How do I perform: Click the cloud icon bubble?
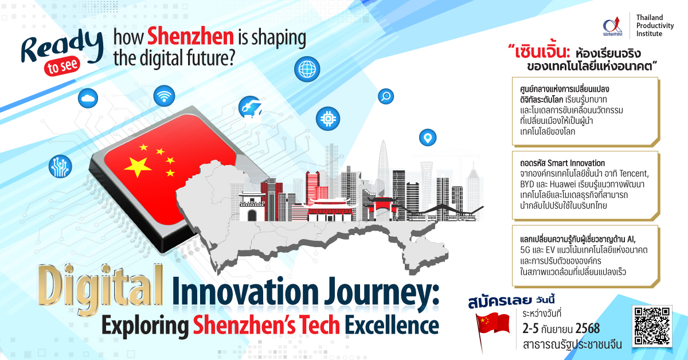point(88,98)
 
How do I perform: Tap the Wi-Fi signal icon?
point(164,96)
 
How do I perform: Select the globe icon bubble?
point(307,69)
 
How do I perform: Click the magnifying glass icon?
point(386,96)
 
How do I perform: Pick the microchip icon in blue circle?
point(328,119)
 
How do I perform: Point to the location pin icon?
point(428,138)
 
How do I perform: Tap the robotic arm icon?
point(251,108)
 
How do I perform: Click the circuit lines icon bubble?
point(60,166)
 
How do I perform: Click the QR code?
point(652,326)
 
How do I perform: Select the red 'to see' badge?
point(62,66)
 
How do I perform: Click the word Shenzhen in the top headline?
point(190,37)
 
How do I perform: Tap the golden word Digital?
point(100,285)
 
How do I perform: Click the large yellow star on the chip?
point(138,167)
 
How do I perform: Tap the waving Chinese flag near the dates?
point(492,328)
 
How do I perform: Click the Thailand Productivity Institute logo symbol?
point(613,26)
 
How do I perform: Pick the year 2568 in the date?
point(587,328)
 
